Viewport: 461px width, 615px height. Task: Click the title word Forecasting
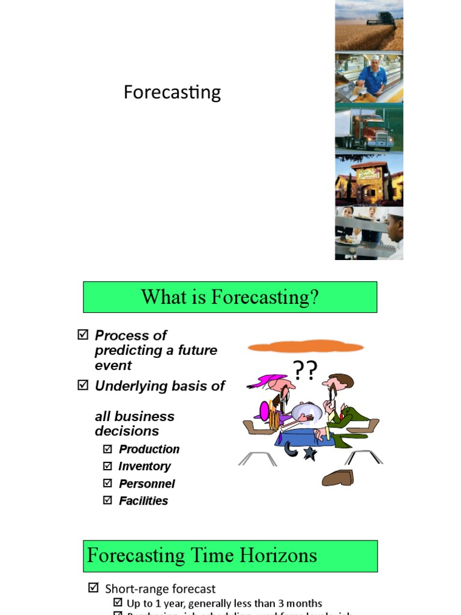172,92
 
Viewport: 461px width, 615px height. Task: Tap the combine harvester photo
369,25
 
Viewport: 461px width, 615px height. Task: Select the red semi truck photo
369,129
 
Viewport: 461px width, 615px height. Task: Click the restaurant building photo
369,180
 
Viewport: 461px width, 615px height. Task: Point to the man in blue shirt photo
369,77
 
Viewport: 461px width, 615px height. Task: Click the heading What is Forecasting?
230,297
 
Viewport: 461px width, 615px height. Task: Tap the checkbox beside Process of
83,335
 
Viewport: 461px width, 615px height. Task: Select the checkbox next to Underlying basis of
83,386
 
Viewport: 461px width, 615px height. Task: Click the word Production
149,449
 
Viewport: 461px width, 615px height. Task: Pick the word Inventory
145,467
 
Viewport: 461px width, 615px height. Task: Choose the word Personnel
147,483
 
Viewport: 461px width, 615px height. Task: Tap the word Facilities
143,501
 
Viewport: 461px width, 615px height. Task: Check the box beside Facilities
107,500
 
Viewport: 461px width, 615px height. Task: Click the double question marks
304,371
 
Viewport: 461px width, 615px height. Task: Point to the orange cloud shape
306,347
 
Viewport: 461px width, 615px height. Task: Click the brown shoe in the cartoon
338,478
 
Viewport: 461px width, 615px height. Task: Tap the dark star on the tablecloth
309,453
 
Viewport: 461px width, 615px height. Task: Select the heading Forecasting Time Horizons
202,556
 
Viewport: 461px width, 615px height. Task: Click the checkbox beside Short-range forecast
93,588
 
